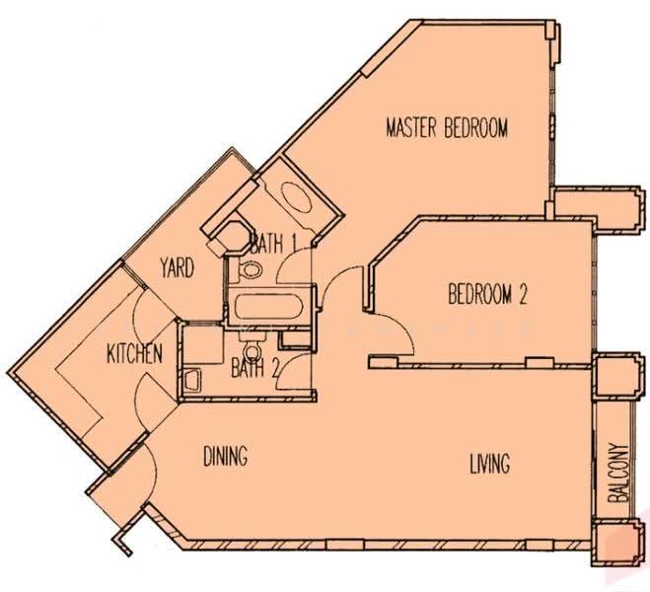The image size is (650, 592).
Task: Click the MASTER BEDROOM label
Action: [447, 127]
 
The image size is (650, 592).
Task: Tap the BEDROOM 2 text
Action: [487, 294]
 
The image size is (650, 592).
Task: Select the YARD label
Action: [178, 267]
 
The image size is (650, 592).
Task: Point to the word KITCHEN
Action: [134, 354]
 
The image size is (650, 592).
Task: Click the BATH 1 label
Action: [274, 244]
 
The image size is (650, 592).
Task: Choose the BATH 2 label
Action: [254, 368]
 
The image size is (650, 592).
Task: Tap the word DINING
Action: [226, 456]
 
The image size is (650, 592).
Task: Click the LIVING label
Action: [489, 463]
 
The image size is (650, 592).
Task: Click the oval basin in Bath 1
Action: [297, 197]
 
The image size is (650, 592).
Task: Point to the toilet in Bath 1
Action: [250, 270]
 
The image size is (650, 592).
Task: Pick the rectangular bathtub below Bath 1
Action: [269, 307]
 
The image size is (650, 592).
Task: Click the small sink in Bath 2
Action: [192, 380]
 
